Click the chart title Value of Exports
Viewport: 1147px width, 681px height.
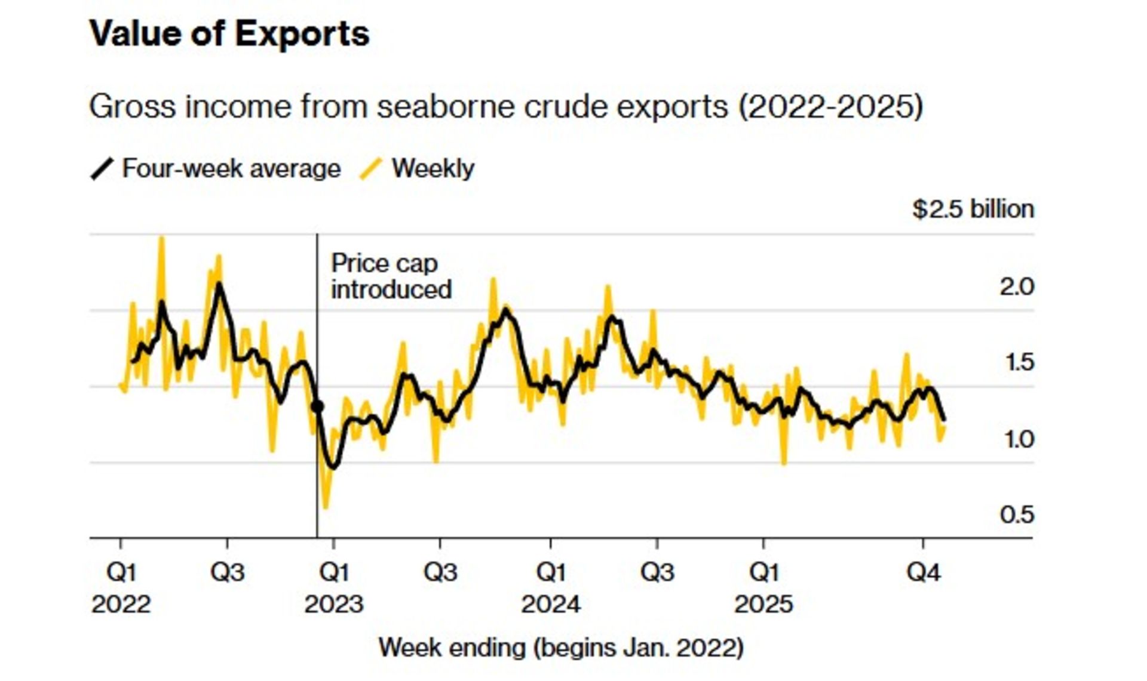229,33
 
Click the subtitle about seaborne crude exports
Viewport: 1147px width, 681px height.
505,107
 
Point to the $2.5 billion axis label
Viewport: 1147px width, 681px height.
973,209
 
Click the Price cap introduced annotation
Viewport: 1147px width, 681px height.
391,276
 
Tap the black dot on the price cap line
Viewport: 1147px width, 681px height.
318,407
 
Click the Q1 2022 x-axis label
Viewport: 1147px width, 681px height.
121,588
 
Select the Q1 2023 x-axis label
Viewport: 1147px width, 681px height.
334,588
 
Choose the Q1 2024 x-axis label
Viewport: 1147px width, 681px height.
550,588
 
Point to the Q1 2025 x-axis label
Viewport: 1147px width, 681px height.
763,588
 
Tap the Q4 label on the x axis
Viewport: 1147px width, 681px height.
923,573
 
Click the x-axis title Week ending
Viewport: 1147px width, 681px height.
561,648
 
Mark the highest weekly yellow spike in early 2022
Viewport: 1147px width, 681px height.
161,239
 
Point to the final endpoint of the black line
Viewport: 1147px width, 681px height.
944,420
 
